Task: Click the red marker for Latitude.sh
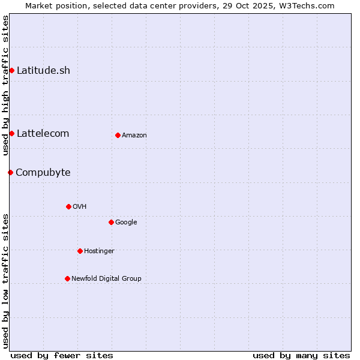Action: coord(11,71)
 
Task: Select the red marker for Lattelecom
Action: coord(11,133)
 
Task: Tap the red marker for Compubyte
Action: coord(10,173)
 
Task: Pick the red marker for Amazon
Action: coord(118,135)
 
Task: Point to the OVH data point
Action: coord(68,206)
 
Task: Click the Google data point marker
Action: coord(111,222)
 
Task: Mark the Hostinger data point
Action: coord(80,251)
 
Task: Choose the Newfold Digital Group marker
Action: coord(67,278)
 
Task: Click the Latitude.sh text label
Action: coord(43,71)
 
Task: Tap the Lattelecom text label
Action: coord(43,133)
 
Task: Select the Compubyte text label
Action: coord(43,173)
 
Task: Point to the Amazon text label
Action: coord(134,136)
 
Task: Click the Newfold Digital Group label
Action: coord(106,278)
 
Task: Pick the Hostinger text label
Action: coord(99,251)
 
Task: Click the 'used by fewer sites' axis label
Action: coord(62,355)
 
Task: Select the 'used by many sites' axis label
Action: coord(301,355)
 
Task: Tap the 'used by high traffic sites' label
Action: coord(5,85)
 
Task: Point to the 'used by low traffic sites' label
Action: coord(5,281)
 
